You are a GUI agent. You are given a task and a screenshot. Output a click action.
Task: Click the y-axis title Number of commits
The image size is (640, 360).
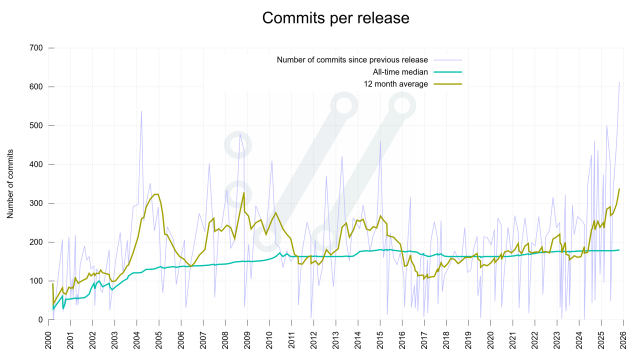pyautogui.click(x=11, y=183)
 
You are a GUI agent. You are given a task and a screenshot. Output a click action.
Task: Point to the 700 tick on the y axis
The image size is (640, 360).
pyautogui.click(x=35, y=48)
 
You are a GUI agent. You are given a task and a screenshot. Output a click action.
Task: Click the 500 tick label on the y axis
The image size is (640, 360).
pyautogui.click(x=35, y=126)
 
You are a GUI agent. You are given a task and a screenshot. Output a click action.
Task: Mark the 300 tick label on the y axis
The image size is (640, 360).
pyautogui.click(x=35, y=203)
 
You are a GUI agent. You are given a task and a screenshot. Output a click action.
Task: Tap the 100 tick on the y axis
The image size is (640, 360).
pyautogui.click(x=35, y=281)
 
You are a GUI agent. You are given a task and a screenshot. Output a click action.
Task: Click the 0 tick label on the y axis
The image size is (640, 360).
pyautogui.click(x=40, y=320)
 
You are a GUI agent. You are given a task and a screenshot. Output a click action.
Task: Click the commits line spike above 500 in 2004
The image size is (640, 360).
pyautogui.click(x=141, y=112)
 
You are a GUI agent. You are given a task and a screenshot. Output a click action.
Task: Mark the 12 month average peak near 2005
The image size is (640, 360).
pyautogui.click(x=155, y=194)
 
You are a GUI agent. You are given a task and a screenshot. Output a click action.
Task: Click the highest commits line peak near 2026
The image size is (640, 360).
pyautogui.click(x=620, y=82)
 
